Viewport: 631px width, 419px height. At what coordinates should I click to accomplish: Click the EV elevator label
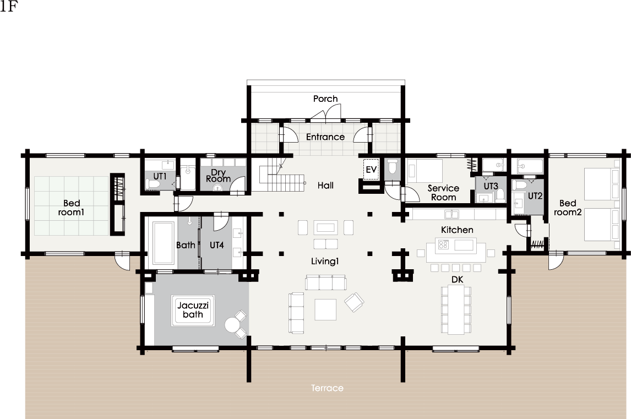[371, 170]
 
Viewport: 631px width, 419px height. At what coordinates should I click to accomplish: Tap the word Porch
[325, 99]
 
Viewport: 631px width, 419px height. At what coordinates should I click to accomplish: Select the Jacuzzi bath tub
[193, 311]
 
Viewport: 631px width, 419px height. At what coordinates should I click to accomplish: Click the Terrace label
[327, 388]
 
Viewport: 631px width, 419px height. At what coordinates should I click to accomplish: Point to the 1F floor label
[8, 7]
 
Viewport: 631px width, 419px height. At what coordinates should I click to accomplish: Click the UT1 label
[160, 176]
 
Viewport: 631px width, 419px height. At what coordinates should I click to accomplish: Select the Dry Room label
[218, 176]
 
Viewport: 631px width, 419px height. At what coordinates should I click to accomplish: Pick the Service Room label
[443, 193]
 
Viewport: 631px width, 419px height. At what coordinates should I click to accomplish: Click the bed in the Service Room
[425, 170]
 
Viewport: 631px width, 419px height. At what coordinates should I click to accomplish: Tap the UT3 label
[491, 186]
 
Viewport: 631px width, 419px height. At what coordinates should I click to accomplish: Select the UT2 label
[535, 196]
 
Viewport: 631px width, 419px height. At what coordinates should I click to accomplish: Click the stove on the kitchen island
[443, 244]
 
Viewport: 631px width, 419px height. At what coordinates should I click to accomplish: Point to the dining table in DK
[456, 310]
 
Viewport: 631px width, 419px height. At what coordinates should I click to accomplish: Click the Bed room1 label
[71, 208]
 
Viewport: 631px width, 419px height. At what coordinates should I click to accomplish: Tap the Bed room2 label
[568, 208]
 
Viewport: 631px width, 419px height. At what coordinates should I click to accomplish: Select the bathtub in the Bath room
[164, 243]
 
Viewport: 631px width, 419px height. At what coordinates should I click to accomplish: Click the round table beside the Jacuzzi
[232, 325]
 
